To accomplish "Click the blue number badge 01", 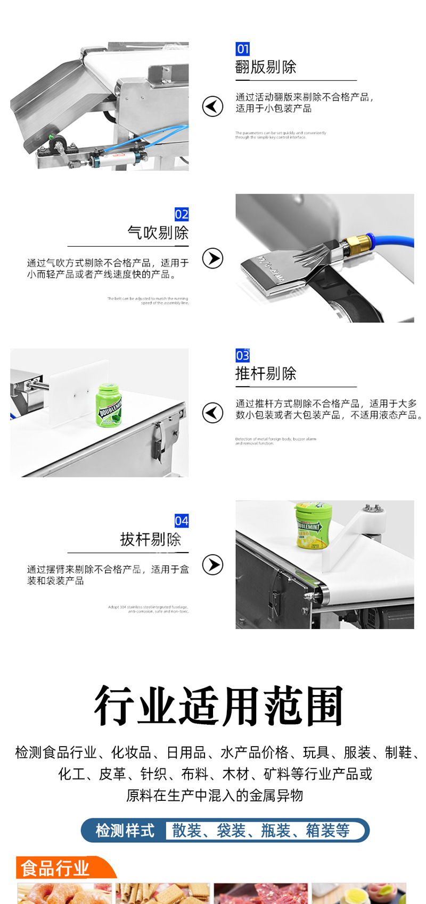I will coord(242,49).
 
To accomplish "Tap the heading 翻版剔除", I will coord(266,67).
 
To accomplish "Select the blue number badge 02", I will coord(182,214).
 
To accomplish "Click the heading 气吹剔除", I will coord(158,232).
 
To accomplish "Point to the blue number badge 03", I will coord(242,355).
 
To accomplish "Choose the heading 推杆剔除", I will coord(266,373).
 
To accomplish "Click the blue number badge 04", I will coord(182,521).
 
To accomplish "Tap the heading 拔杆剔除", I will coord(151,539).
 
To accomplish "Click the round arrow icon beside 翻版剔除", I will coord(212,106).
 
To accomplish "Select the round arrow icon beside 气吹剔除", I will coord(212,258).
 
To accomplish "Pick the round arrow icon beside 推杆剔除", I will coord(212,413).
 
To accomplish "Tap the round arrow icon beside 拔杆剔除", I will coord(212,565).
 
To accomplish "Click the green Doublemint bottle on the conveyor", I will coord(109,405).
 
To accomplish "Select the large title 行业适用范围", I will coord(218,707).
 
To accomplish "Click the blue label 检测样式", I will coord(125,830).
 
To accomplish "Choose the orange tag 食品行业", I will coord(55,868).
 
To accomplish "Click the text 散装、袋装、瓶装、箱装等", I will coord(260,830).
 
